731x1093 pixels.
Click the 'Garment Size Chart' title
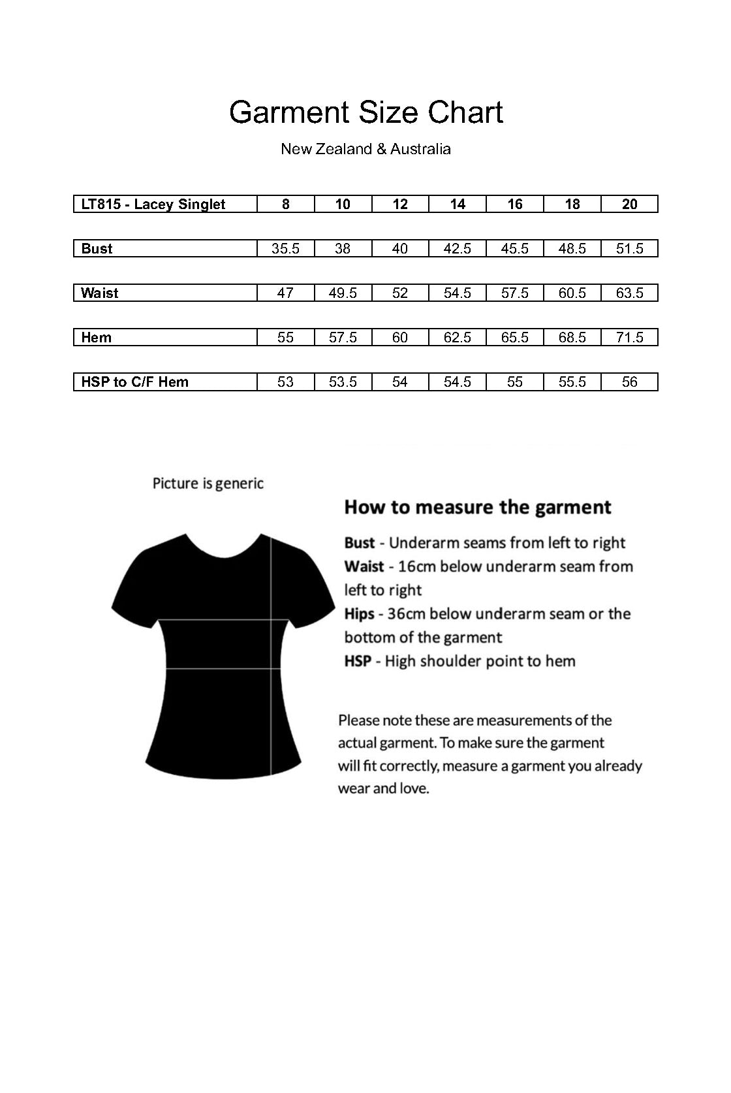click(x=365, y=112)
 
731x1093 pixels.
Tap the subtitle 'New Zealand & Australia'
click(x=365, y=149)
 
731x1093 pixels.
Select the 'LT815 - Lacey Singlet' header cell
click(x=153, y=204)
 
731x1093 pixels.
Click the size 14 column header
click(x=458, y=204)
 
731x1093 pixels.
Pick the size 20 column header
click(x=629, y=204)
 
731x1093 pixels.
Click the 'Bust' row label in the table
click(x=97, y=248)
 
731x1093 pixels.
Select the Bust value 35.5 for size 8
click(x=286, y=248)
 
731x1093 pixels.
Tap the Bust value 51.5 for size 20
click(x=629, y=248)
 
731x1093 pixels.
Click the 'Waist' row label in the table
click(x=99, y=293)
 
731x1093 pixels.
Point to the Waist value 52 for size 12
click(x=400, y=293)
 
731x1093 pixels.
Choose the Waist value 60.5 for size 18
click(x=572, y=293)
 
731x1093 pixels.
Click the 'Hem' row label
click(x=96, y=337)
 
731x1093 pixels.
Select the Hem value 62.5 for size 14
click(x=458, y=337)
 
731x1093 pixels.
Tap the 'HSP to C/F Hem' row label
click(x=134, y=382)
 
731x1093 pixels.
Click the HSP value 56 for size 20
click(x=629, y=382)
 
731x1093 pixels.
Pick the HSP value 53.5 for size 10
click(x=343, y=382)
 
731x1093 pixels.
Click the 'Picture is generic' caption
click(x=208, y=483)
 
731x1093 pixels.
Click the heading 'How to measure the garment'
click(x=478, y=507)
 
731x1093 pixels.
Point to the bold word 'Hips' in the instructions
click(x=359, y=614)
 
